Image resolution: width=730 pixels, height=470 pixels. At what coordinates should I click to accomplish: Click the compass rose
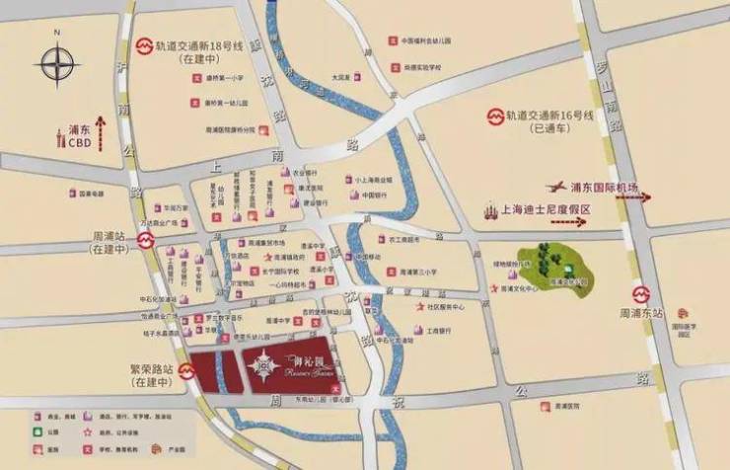(57, 66)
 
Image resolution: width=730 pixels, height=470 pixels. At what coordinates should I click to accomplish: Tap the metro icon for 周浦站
(146, 239)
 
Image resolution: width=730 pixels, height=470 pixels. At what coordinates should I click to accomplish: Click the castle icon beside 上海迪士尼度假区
(490, 210)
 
